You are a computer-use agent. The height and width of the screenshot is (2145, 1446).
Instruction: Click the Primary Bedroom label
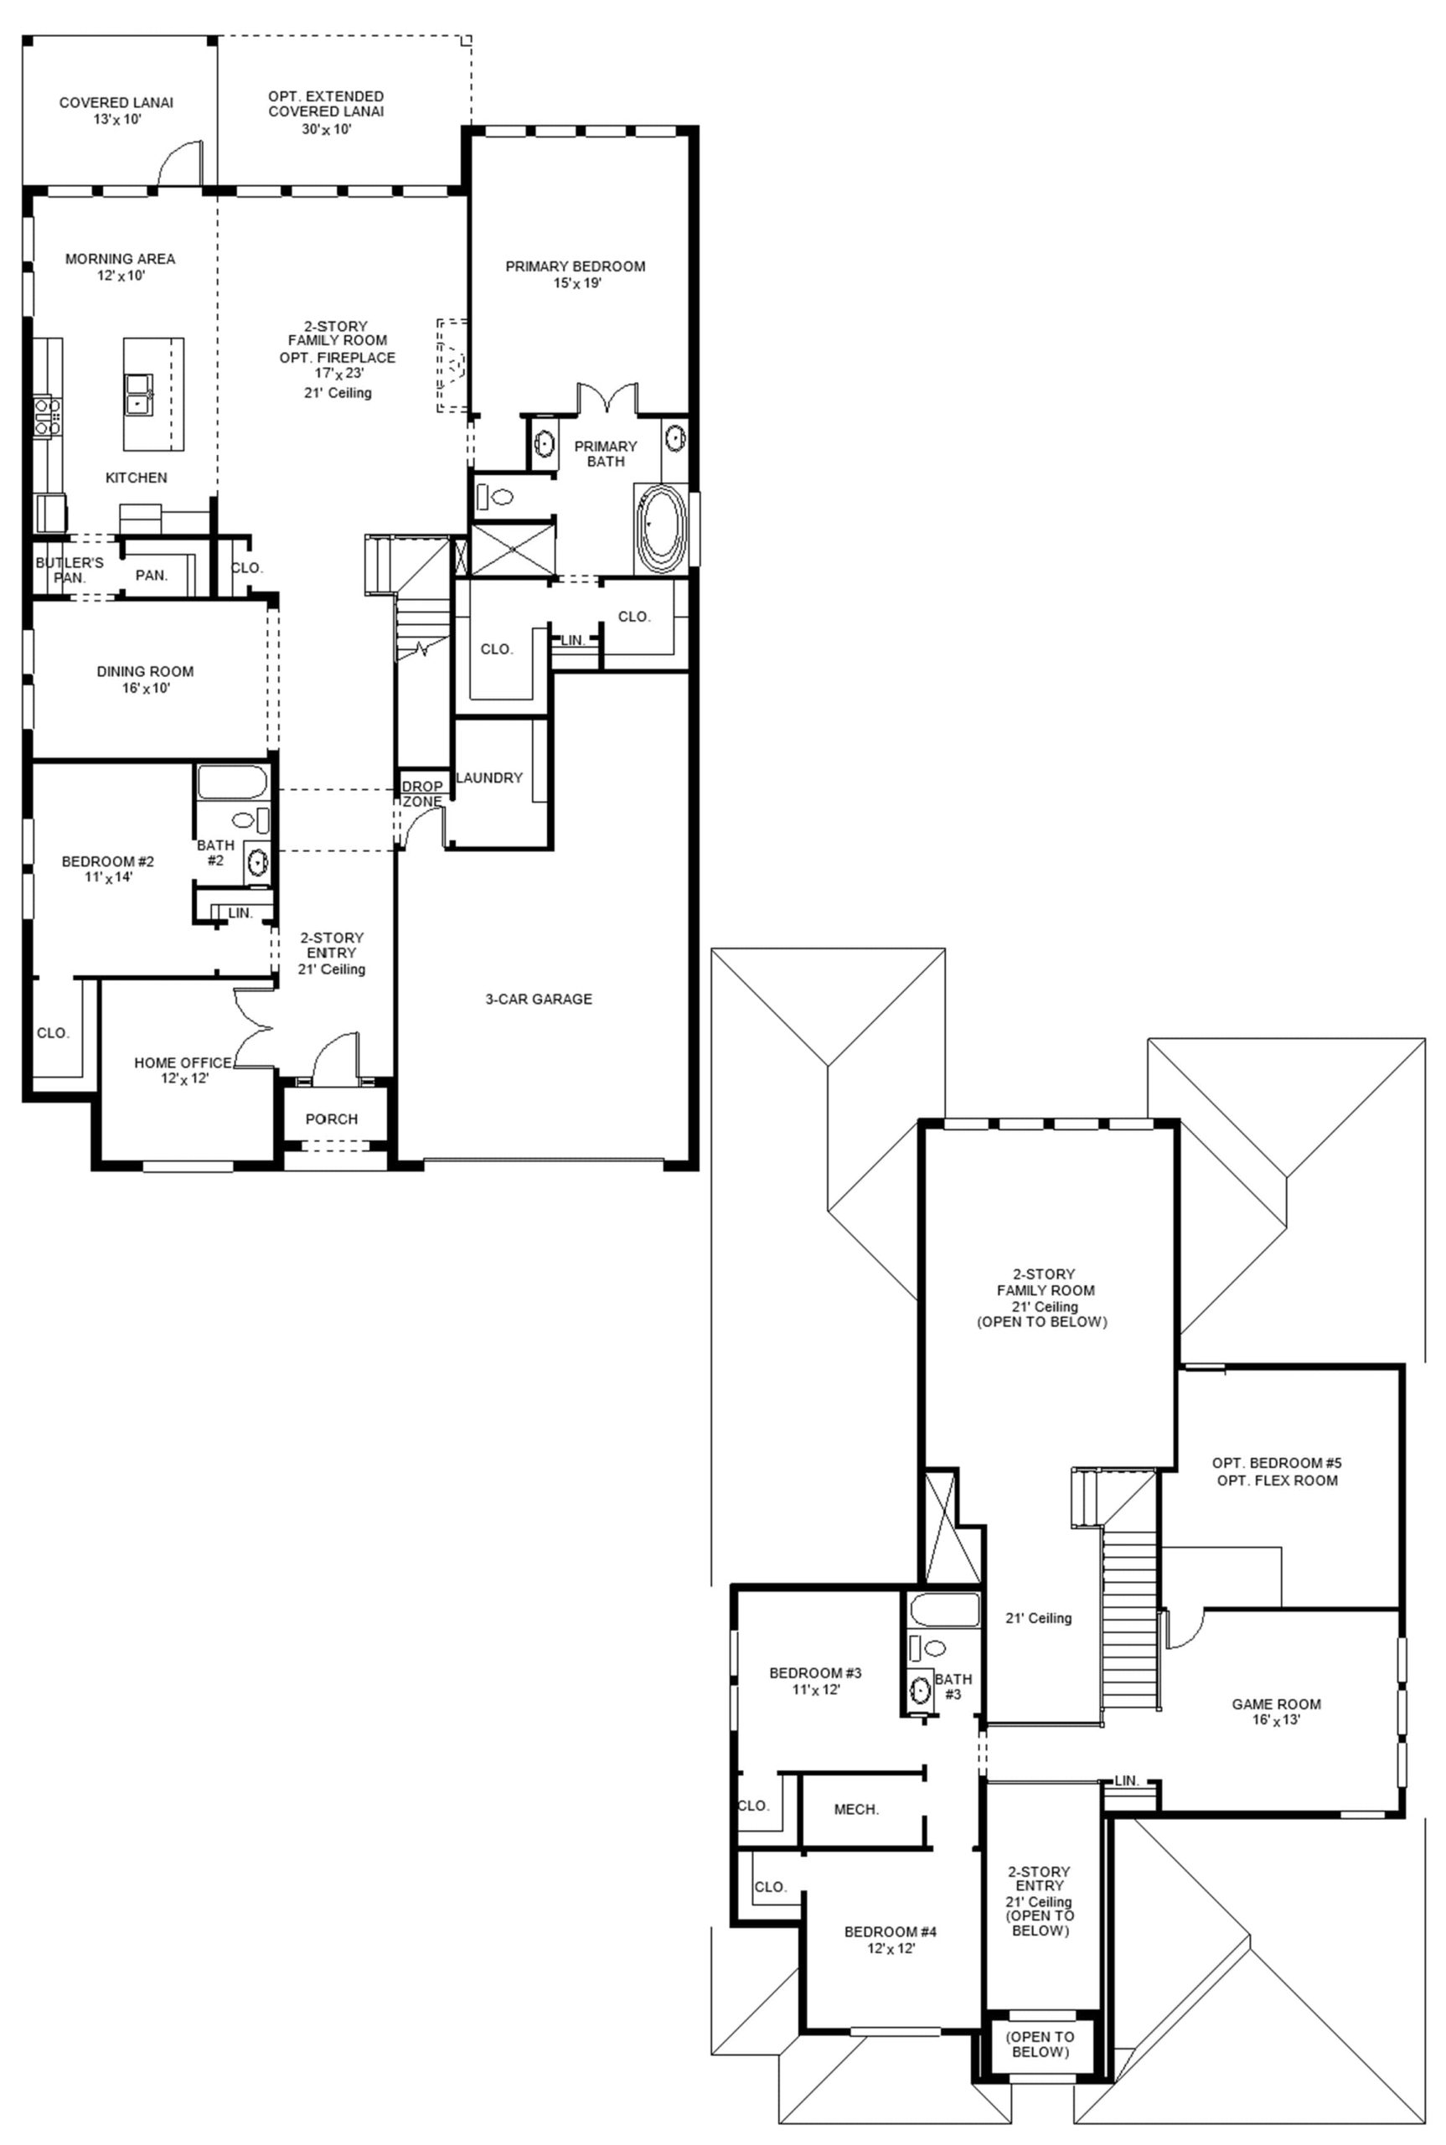575,266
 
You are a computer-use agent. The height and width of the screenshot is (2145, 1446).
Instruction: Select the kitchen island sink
140,395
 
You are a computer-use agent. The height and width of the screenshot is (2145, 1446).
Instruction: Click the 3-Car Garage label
539,999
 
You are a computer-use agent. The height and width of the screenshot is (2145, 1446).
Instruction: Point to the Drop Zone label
422,794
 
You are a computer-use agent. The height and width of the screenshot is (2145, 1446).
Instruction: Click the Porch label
331,1119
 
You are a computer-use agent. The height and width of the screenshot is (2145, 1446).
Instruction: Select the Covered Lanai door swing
179,163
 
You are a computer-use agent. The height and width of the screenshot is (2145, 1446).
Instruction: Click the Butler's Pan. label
70,570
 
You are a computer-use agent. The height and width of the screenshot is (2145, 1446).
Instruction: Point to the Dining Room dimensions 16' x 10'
146,688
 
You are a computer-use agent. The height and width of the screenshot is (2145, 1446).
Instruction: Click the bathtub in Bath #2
232,782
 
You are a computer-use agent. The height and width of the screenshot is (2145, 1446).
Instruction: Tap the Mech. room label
856,1809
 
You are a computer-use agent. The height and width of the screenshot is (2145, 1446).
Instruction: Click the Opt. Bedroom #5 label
1274,1463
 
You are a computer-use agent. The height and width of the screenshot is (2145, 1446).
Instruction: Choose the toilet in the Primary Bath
495,498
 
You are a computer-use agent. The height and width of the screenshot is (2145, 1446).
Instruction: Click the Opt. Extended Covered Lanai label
326,103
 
